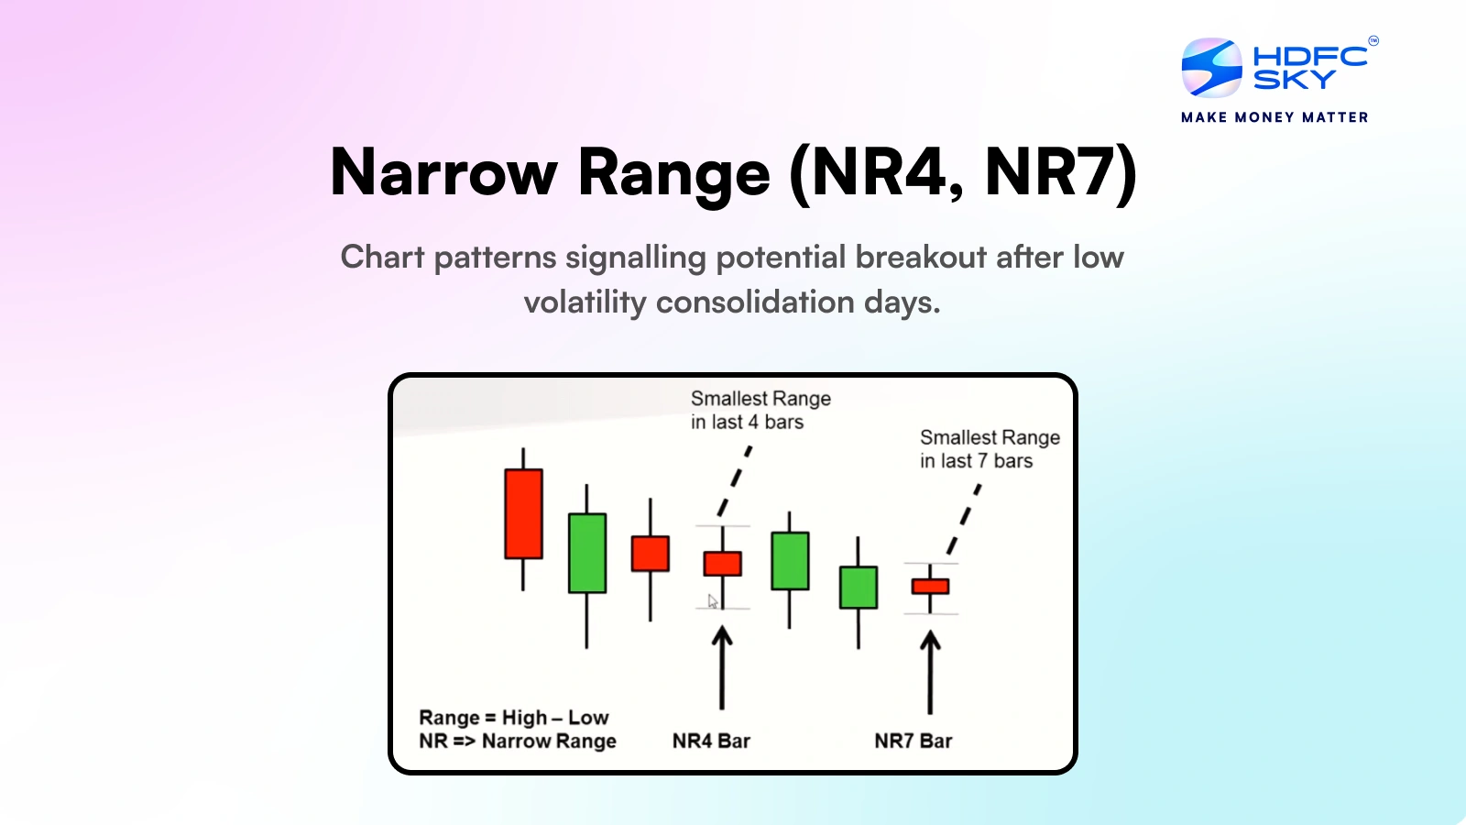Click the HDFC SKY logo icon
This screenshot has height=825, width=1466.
[1211, 68]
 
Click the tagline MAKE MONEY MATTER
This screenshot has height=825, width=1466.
[1275, 117]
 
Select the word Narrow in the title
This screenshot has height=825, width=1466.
[443, 172]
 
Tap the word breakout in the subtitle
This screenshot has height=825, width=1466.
[921, 258]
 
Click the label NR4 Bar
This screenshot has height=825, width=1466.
[711, 741]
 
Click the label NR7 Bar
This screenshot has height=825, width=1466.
[913, 741]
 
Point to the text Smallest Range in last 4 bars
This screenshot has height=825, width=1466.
[760, 410]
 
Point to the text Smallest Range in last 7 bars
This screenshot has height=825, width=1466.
[989, 449]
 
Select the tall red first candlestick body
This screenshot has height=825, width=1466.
[523, 513]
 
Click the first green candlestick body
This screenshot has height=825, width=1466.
[587, 553]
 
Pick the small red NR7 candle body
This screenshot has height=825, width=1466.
[930, 587]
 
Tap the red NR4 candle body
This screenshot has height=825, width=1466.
[722, 563]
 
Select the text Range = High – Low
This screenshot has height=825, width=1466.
[513, 717]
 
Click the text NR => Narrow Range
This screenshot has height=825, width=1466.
[517, 741]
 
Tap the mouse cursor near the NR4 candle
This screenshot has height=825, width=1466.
[713, 601]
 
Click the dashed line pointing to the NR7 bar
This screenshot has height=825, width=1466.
[965, 519]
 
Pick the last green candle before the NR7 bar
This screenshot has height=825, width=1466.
[859, 588]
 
